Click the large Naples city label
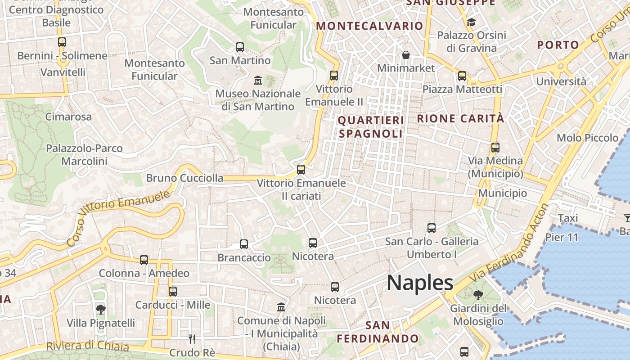point(420,283)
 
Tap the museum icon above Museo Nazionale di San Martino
point(258,81)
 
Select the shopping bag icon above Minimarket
point(406,55)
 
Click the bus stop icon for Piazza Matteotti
point(462,76)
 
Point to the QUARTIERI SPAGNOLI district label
point(371,127)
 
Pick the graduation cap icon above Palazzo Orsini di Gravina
point(471,22)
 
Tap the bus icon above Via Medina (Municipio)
point(495,147)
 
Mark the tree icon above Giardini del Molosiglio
point(478,295)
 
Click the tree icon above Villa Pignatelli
point(101,309)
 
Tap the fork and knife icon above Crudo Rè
point(192,338)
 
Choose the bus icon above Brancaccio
point(244,244)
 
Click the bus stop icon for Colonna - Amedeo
point(144,260)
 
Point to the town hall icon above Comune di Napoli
point(281,307)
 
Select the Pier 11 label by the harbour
point(562,237)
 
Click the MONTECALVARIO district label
point(369,26)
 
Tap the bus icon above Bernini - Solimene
point(62,42)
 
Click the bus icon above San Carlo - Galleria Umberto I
point(432,228)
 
